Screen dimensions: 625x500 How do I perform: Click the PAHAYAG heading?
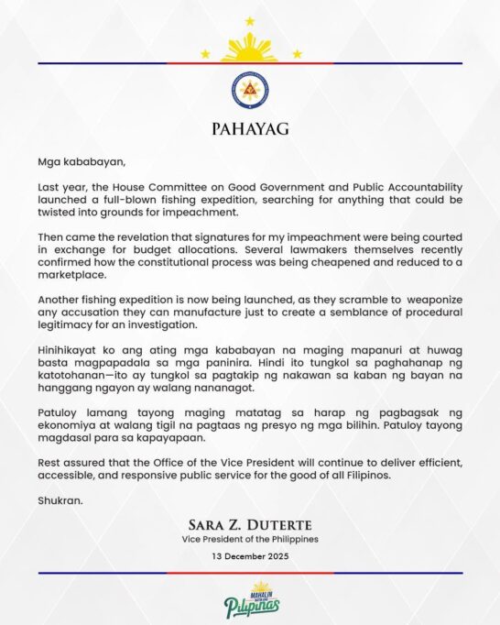[250, 128]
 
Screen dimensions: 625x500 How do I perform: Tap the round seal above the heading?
[250, 89]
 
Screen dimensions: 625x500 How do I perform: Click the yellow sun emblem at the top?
[250, 46]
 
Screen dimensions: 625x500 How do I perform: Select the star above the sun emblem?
[250, 20]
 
